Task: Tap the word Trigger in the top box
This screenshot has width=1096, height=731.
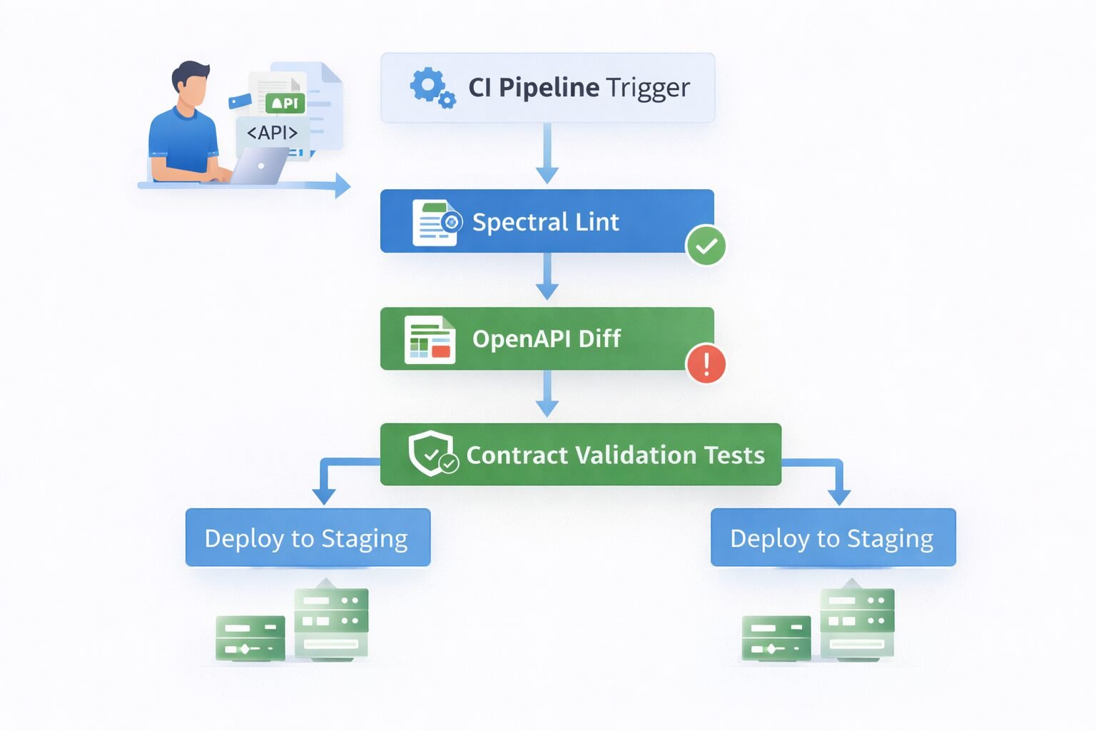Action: [x=649, y=88]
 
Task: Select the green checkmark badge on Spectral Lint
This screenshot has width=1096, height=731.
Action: [x=706, y=246]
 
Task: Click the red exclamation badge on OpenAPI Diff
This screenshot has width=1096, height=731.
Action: [x=706, y=363]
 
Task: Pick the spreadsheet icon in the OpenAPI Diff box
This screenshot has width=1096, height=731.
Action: [x=430, y=340]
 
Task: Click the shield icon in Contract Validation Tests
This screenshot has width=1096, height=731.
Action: [x=431, y=453]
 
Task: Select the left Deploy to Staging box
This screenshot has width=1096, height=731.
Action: [x=308, y=538]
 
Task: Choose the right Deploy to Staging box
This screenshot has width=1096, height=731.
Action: [x=833, y=538]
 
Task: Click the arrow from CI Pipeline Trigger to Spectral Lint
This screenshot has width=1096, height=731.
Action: [x=547, y=153]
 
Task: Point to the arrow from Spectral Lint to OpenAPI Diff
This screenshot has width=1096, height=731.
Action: [x=547, y=277]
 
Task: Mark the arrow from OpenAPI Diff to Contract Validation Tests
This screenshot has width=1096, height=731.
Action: [x=547, y=394]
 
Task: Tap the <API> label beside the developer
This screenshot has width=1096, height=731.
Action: [x=272, y=133]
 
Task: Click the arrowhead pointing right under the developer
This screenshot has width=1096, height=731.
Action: [x=342, y=186]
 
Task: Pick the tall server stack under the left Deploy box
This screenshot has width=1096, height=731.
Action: [x=331, y=621]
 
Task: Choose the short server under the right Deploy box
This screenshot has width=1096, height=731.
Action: [x=776, y=637]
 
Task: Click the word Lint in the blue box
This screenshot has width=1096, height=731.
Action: [x=597, y=222]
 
